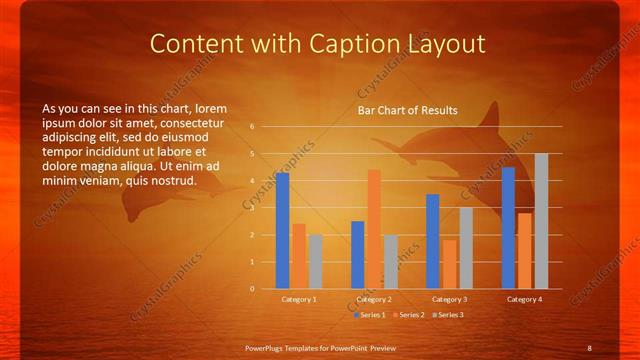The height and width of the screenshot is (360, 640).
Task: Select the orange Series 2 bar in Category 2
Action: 374,229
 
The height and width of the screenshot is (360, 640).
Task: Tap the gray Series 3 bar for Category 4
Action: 541,221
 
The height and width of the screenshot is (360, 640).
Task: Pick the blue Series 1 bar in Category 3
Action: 432,241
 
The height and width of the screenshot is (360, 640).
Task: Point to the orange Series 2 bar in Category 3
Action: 449,264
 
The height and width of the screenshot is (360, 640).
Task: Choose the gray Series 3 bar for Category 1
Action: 315,262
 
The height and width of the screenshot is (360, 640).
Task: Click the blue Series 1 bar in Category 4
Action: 508,228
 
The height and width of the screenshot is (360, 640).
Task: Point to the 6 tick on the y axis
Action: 253,127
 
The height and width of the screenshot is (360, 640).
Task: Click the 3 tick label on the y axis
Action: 253,208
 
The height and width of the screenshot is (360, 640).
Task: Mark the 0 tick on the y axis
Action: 253,289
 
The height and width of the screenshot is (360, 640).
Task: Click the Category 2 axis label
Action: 374,299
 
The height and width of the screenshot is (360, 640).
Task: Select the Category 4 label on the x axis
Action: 525,299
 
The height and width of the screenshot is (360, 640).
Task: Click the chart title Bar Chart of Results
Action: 408,110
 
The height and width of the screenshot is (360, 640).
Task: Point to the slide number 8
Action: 589,347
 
